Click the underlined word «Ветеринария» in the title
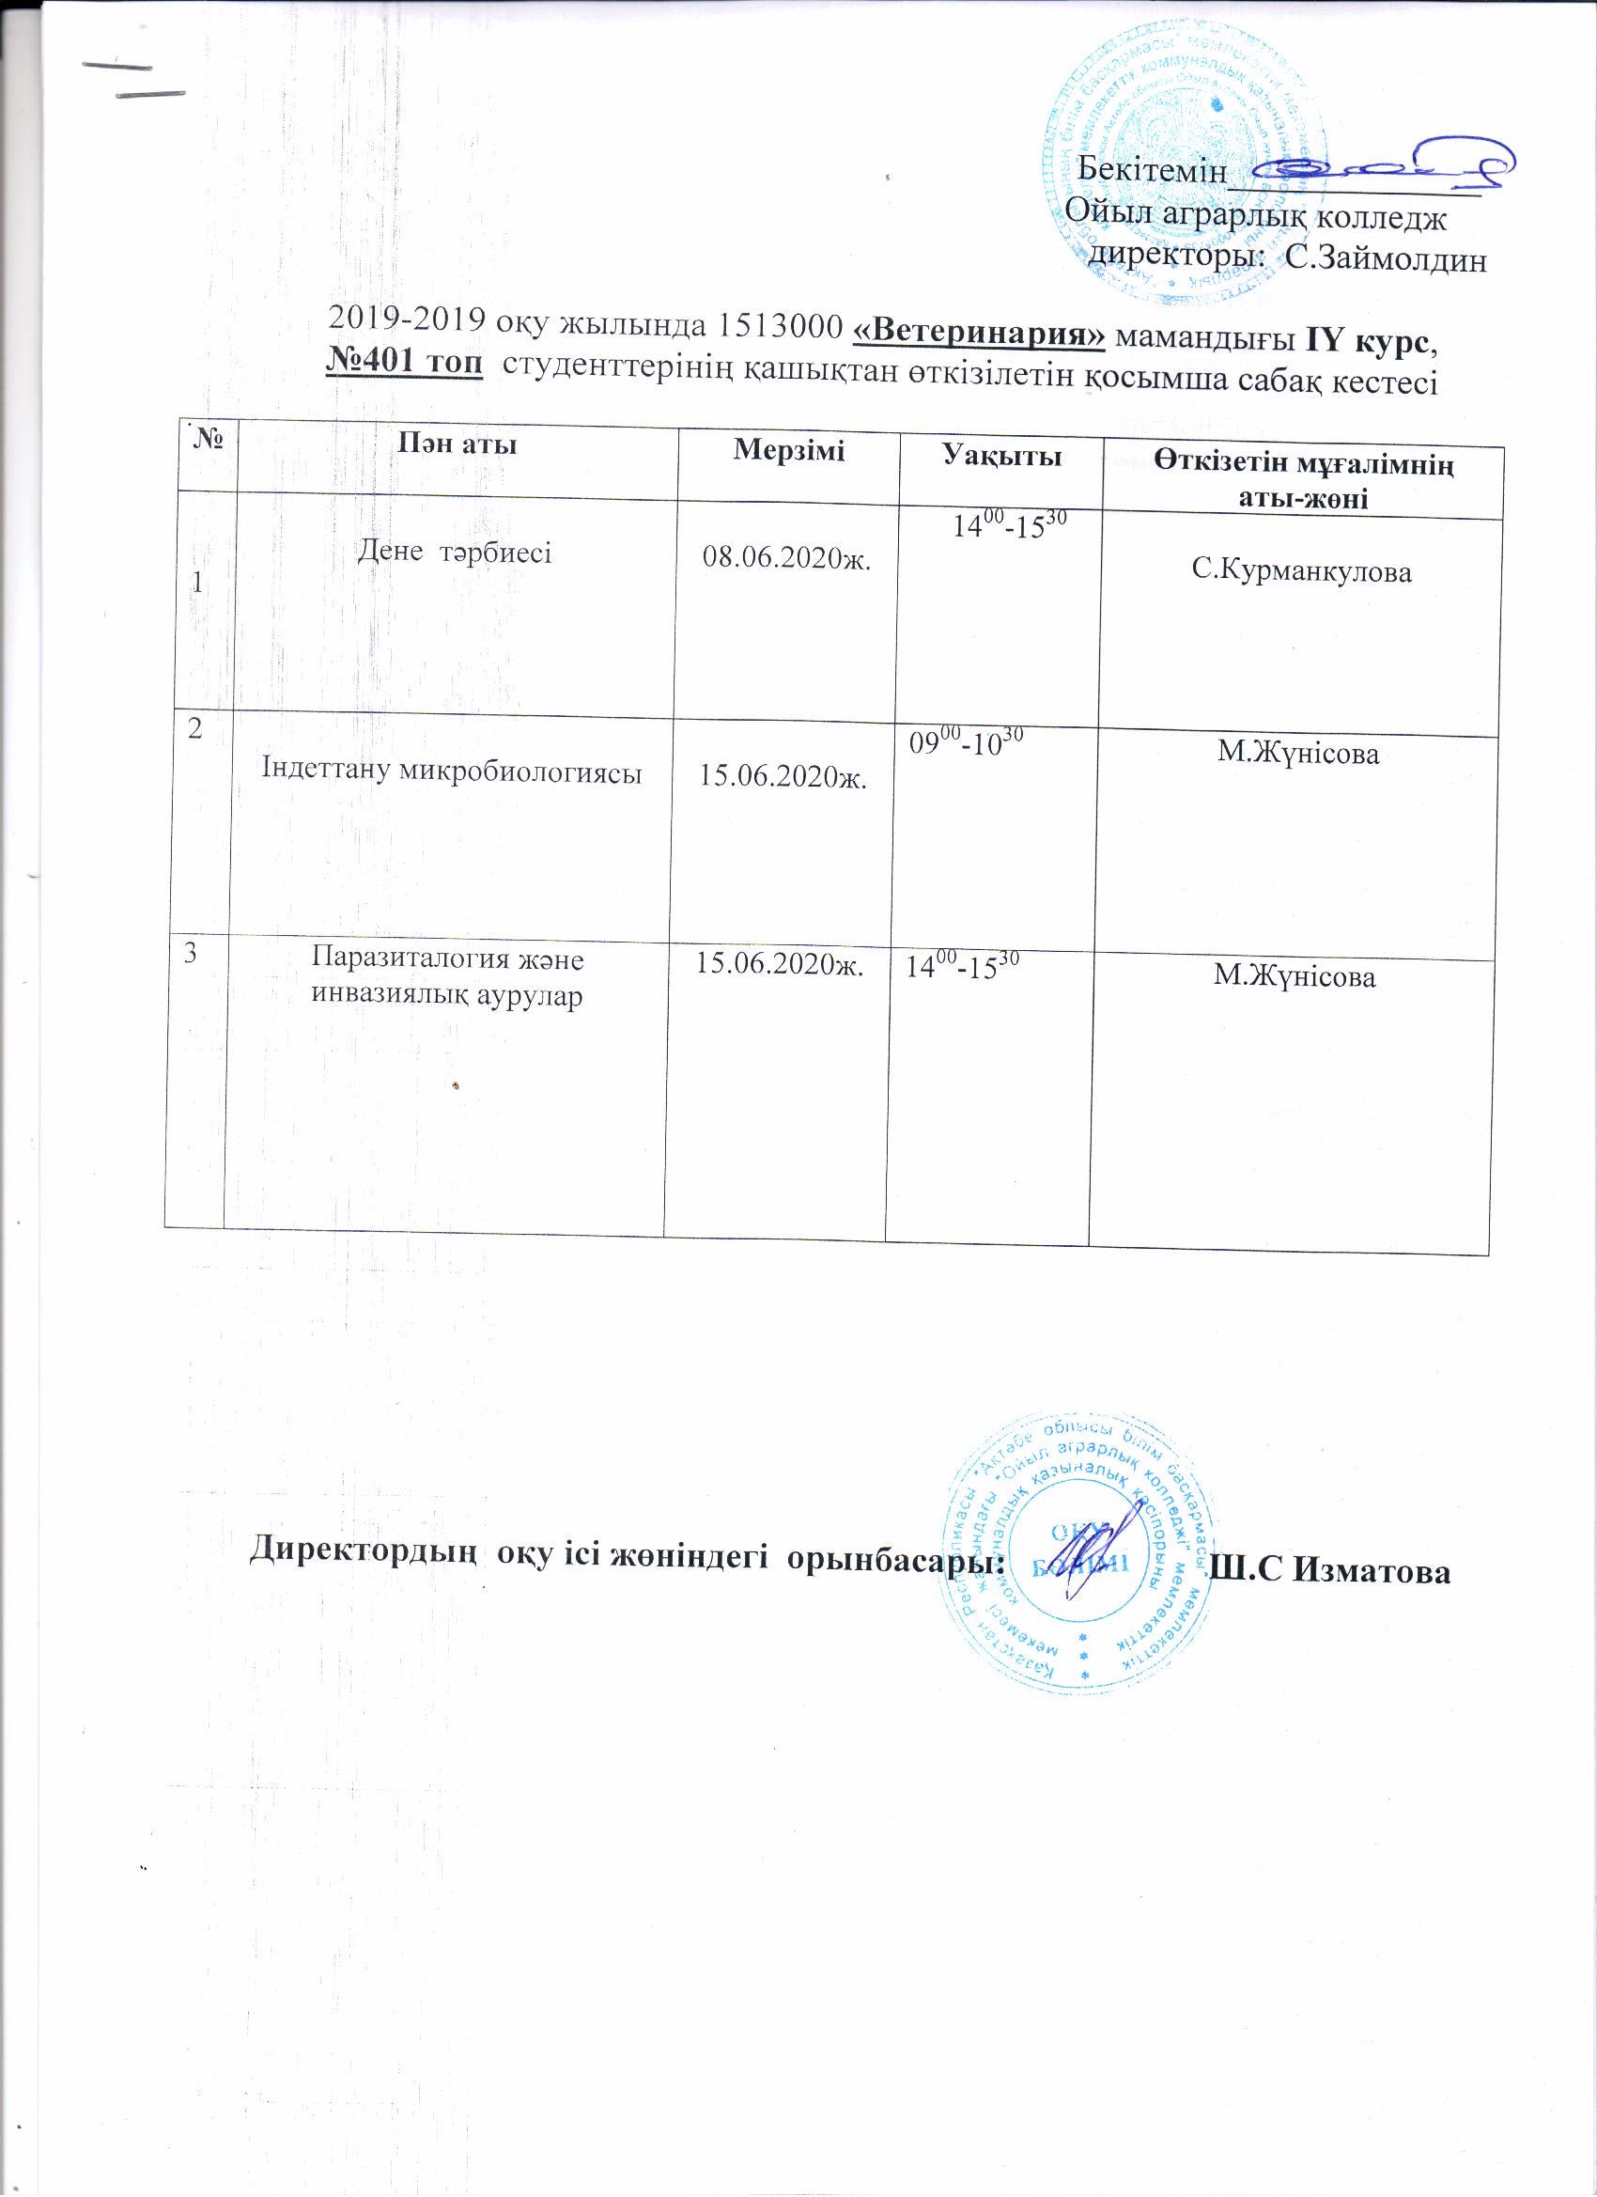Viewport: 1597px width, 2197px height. pyautogui.click(x=979, y=334)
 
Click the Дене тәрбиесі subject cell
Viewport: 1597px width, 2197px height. pyautogui.click(x=455, y=553)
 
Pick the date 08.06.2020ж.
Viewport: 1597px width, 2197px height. pyautogui.click(x=786, y=560)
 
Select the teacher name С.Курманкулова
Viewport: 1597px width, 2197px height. pyautogui.click(x=1302, y=571)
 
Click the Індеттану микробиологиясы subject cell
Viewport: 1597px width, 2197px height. pyautogui.click(x=452, y=771)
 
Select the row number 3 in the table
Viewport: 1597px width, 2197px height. pyautogui.click(x=192, y=953)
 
